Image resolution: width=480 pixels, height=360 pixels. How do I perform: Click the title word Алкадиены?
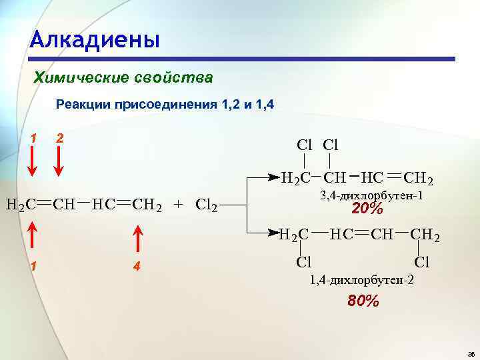(x=95, y=39)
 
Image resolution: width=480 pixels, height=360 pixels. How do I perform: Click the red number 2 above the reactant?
(x=60, y=138)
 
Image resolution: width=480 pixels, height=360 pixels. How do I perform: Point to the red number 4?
(x=136, y=267)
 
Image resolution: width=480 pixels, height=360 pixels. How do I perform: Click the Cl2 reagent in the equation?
(x=207, y=204)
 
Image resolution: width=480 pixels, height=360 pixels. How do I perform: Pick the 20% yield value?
(x=367, y=209)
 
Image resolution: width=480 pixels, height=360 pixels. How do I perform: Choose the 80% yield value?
(x=363, y=301)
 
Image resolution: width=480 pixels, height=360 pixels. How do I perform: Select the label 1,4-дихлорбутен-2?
(x=361, y=281)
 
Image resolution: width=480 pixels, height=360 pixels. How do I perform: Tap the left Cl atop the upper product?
(x=304, y=145)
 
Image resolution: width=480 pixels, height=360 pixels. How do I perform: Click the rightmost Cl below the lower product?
(x=422, y=263)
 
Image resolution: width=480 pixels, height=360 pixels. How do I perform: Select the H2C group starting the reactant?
(x=21, y=203)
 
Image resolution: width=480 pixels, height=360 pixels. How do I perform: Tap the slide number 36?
(x=471, y=352)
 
